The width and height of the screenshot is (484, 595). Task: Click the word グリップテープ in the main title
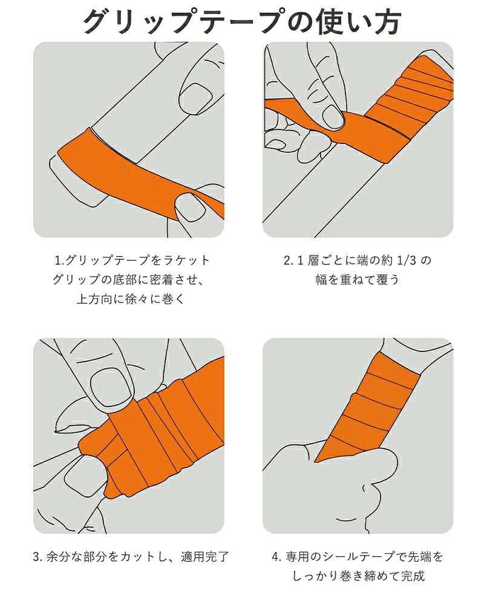185,21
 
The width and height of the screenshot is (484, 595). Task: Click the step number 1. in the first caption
60,260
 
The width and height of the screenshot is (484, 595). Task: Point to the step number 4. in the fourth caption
276,557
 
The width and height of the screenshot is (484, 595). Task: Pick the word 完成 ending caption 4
413,576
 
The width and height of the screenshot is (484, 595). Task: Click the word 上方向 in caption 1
94,299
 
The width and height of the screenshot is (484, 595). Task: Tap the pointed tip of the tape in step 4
316,461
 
